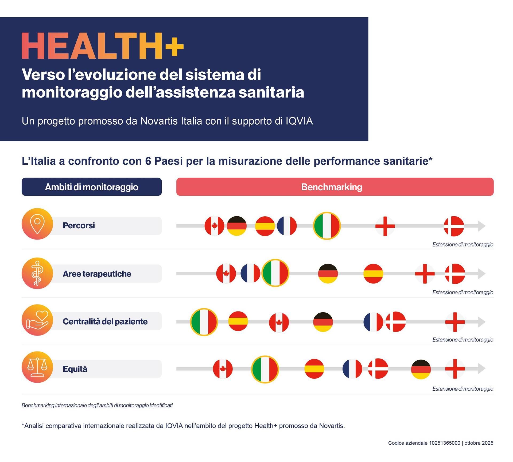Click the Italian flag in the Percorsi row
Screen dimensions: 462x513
pyautogui.click(x=327, y=226)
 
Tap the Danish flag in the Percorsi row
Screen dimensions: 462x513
pyautogui.click(x=454, y=226)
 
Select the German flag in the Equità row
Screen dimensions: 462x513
pyautogui.click(x=421, y=369)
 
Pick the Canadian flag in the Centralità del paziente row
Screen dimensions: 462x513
pyautogui.click(x=279, y=322)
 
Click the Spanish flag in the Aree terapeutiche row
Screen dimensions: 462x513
pyautogui.click(x=373, y=274)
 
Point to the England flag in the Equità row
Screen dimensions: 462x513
pyautogui.click(x=455, y=369)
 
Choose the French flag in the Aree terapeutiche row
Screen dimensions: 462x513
pyautogui.click(x=250, y=273)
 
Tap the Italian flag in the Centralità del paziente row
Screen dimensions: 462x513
pyautogui.click(x=204, y=322)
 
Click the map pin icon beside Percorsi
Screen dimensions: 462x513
pyautogui.click(x=37, y=224)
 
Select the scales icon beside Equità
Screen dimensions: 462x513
pyautogui.click(x=37, y=367)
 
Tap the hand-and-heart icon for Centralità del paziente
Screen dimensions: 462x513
pyautogui.click(x=37, y=320)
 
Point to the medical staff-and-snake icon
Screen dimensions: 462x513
pyautogui.click(x=37, y=273)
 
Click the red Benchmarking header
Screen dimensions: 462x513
pyautogui.click(x=335, y=187)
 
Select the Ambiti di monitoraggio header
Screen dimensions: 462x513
pyautogui.click(x=92, y=187)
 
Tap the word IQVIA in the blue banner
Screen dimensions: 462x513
pyautogui.click(x=299, y=121)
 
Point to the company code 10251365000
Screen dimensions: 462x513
pyautogui.click(x=445, y=443)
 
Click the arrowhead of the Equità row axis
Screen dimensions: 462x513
pyautogui.click(x=481, y=369)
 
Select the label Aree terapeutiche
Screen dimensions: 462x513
pyautogui.click(x=97, y=274)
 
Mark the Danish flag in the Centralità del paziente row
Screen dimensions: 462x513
pyautogui.click(x=396, y=322)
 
